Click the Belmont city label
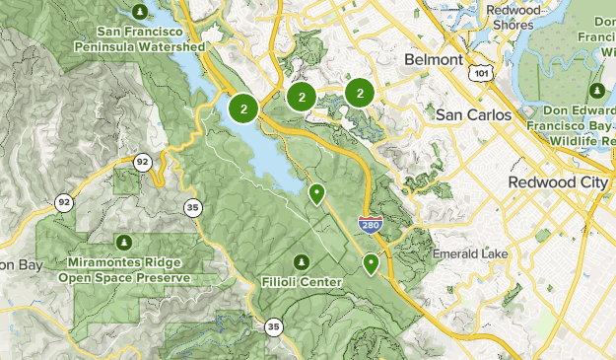[x=433, y=60]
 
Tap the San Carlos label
[x=474, y=115]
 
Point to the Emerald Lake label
[x=470, y=254]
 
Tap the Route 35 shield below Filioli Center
[x=273, y=326]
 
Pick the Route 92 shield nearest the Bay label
[x=64, y=201]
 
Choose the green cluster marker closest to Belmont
[x=360, y=94]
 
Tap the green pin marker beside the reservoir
[x=316, y=194]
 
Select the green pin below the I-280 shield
[x=371, y=263]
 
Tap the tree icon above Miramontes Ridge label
[x=123, y=242]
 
